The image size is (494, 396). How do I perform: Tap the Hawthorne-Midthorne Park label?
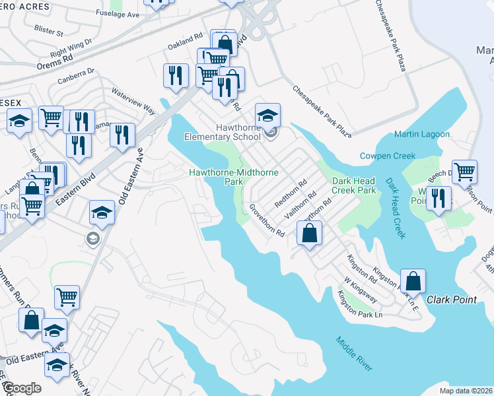(234, 176)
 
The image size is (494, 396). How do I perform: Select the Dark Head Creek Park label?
(354, 185)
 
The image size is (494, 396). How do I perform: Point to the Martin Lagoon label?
(422, 135)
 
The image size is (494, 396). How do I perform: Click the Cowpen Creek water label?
(387, 156)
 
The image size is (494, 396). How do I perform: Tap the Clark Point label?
(452, 300)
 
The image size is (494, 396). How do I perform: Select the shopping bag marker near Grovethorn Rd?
(309, 232)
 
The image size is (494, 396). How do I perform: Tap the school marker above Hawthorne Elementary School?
(268, 115)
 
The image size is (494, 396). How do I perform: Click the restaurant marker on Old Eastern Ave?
(122, 135)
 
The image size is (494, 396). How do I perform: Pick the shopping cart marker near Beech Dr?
(465, 172)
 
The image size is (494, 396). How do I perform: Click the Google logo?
(22, 388)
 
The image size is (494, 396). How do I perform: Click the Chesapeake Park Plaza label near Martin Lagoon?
(322, 111)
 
